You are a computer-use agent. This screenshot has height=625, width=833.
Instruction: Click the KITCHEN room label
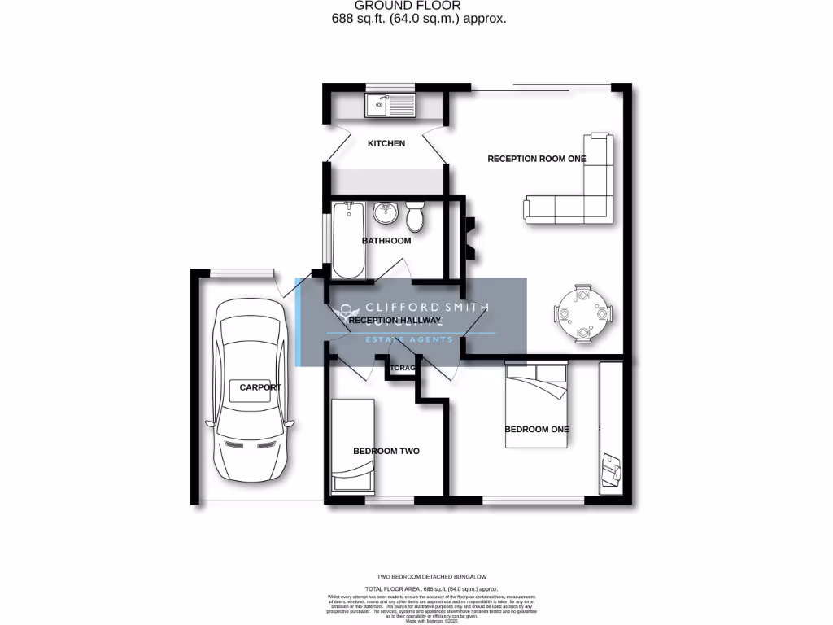386,144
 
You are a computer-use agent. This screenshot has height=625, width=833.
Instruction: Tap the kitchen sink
390,104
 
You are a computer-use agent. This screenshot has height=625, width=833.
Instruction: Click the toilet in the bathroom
415,216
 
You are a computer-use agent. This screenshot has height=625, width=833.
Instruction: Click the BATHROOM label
386,241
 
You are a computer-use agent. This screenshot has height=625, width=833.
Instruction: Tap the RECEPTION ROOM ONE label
536,159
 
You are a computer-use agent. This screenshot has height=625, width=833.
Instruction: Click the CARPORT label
260,387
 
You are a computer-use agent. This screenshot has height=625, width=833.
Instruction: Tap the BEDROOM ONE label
537,429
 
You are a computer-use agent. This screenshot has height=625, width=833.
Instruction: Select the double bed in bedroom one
536,405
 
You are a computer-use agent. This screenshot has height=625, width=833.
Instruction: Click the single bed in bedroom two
353,445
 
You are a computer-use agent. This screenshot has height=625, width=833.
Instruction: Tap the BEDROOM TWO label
386,451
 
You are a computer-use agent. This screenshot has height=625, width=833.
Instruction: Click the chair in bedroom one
612,468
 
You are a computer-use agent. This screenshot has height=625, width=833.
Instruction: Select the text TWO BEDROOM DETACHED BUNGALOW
420,577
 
